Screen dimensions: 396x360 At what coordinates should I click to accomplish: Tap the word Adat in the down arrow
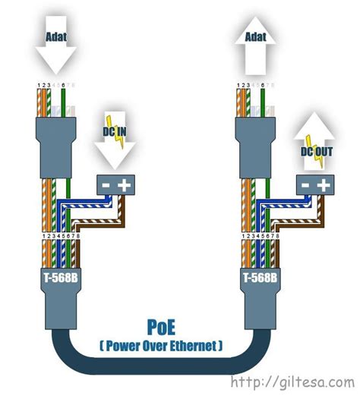[55, 36]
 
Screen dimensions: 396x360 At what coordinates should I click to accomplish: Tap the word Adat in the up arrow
[254, 36]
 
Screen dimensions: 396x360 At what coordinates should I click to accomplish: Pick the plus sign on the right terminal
[324, 184]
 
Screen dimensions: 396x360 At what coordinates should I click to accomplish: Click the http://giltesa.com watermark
[292, 382]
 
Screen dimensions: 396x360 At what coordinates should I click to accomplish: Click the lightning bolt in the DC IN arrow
[115, 121]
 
